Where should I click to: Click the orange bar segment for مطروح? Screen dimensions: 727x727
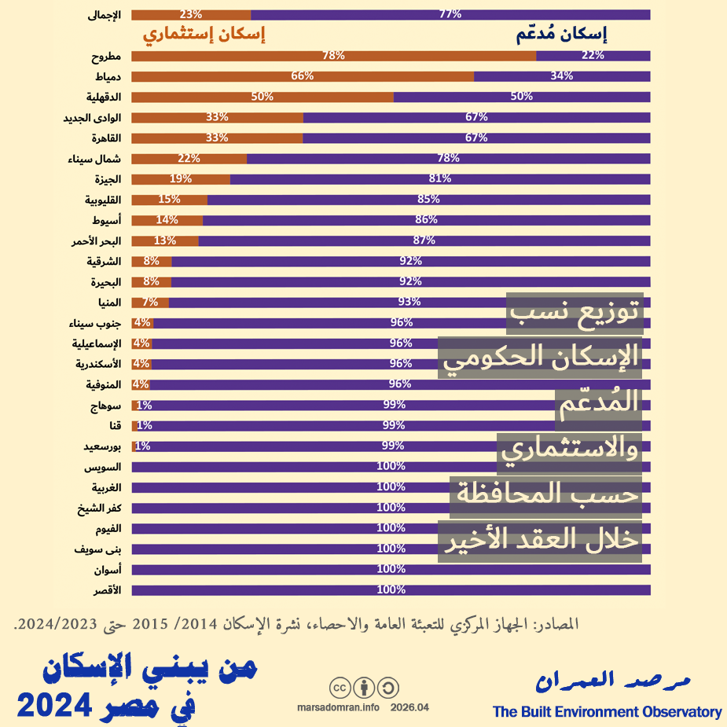(333, 55)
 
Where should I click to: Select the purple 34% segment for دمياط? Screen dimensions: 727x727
(562, 76)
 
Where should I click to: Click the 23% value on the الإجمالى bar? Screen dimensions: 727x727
(191, 14)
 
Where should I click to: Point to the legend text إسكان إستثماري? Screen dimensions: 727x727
(203, 35)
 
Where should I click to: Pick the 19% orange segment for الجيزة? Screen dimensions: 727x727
(181, 178)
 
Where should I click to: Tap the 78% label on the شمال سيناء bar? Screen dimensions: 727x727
(448, 158)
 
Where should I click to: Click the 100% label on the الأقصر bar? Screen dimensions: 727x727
(391, 589)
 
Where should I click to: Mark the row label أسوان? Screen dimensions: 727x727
(106, 569)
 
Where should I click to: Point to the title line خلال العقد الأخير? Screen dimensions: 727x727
(541, 541)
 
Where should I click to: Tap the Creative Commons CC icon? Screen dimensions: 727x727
(340, 688)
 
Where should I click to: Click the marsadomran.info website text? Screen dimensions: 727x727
(339, 707)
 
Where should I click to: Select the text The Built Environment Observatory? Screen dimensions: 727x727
(607, 712)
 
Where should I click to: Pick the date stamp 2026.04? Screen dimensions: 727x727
(409, 707)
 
